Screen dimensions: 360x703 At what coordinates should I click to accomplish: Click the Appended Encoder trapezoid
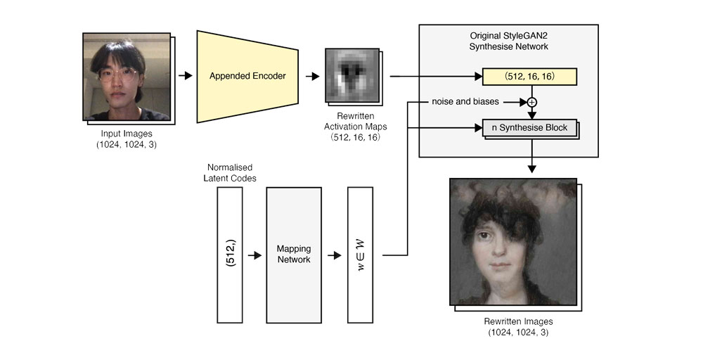click(247, 75)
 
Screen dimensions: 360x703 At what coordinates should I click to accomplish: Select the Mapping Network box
click(293, 254)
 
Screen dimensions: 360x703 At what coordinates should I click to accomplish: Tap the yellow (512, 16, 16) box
click(529, 76)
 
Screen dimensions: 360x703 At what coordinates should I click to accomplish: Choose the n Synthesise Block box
click(529, 128)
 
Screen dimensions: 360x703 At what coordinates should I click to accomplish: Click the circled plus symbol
click(531, 102)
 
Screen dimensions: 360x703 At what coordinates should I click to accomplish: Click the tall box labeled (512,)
click(230, 254)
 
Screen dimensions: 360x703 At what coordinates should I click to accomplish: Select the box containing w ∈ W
click(361, 254)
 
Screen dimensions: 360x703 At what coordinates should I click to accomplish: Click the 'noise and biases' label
click(465, 102)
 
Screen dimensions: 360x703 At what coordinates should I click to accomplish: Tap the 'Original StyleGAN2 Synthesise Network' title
click(508, 41)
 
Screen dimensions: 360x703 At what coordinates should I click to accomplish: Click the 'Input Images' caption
click(127, 134)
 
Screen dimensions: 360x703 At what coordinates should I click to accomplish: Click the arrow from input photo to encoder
click(185, 75)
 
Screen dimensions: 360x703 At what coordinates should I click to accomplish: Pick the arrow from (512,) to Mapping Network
click(254, 254)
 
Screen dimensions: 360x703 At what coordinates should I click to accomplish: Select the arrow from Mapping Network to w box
click(335, 254)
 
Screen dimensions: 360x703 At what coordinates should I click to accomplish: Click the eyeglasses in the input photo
click(117, 77)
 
